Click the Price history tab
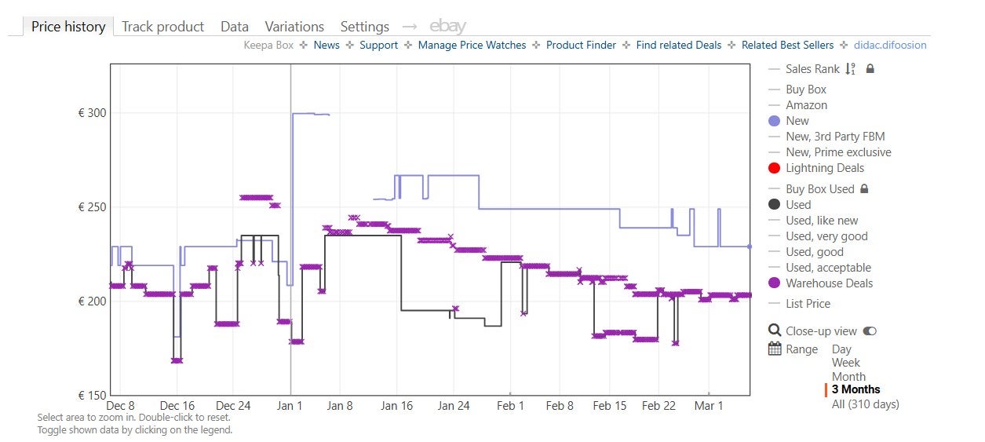(68, 27)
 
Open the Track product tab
(163, 27)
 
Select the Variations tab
(294, 27)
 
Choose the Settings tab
(364, 27)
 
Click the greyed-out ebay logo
(447, 27)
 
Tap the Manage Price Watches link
(472, 46)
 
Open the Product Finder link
(581, 46)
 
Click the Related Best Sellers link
(786, 46)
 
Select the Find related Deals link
(678, 46)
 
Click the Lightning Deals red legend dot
(775, 168)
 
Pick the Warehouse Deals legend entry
(829, 283)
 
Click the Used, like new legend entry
(822, 221)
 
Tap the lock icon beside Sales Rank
(870, 69)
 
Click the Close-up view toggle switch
(870, 331)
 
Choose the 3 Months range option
(855, 389)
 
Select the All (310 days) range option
(865, 404)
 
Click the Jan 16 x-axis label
(396, 406)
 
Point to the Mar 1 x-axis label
(709, 406)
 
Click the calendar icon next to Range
(775, 349)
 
